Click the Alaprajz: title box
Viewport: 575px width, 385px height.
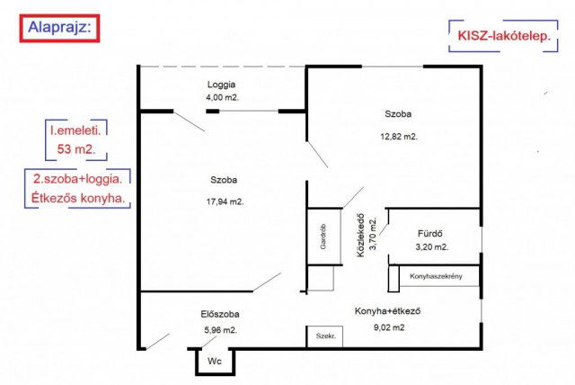(59, 28)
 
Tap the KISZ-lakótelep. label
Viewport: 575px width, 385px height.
(504, 36)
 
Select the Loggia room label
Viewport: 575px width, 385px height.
(221, 85)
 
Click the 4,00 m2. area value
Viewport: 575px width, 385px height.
(222, 98)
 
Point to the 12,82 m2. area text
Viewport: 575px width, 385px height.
(399, 137)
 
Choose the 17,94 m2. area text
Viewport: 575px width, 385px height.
(225, 201)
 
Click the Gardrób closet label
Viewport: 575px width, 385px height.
(323, 237)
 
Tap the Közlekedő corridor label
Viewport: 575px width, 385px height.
(361, 236)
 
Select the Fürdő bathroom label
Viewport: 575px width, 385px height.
(429, 233)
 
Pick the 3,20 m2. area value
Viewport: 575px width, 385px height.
(431, 247)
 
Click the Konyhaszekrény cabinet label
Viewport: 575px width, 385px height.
(436, 276)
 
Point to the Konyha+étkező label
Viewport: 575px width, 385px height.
(387, 311)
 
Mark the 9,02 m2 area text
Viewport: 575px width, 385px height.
(389, 327)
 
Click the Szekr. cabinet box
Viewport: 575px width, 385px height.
(324, 336)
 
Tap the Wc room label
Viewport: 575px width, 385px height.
(215, 361)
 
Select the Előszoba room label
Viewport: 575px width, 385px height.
(220, 314)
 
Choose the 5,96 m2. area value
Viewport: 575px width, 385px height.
(220, 330)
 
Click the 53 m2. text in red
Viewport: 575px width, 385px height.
(76, 149)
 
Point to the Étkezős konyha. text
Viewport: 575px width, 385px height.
(78, 198)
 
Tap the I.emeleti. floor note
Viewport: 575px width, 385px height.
(75, 130)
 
